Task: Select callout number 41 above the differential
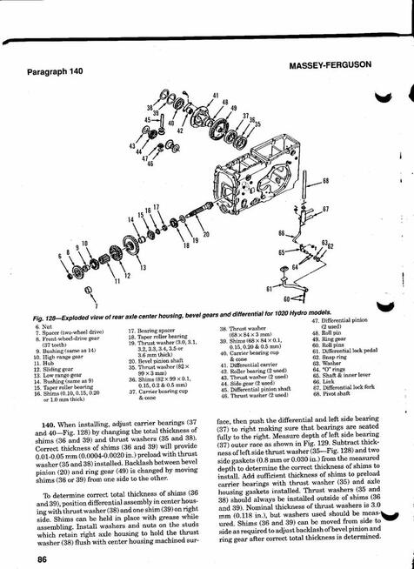pos(215,93)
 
